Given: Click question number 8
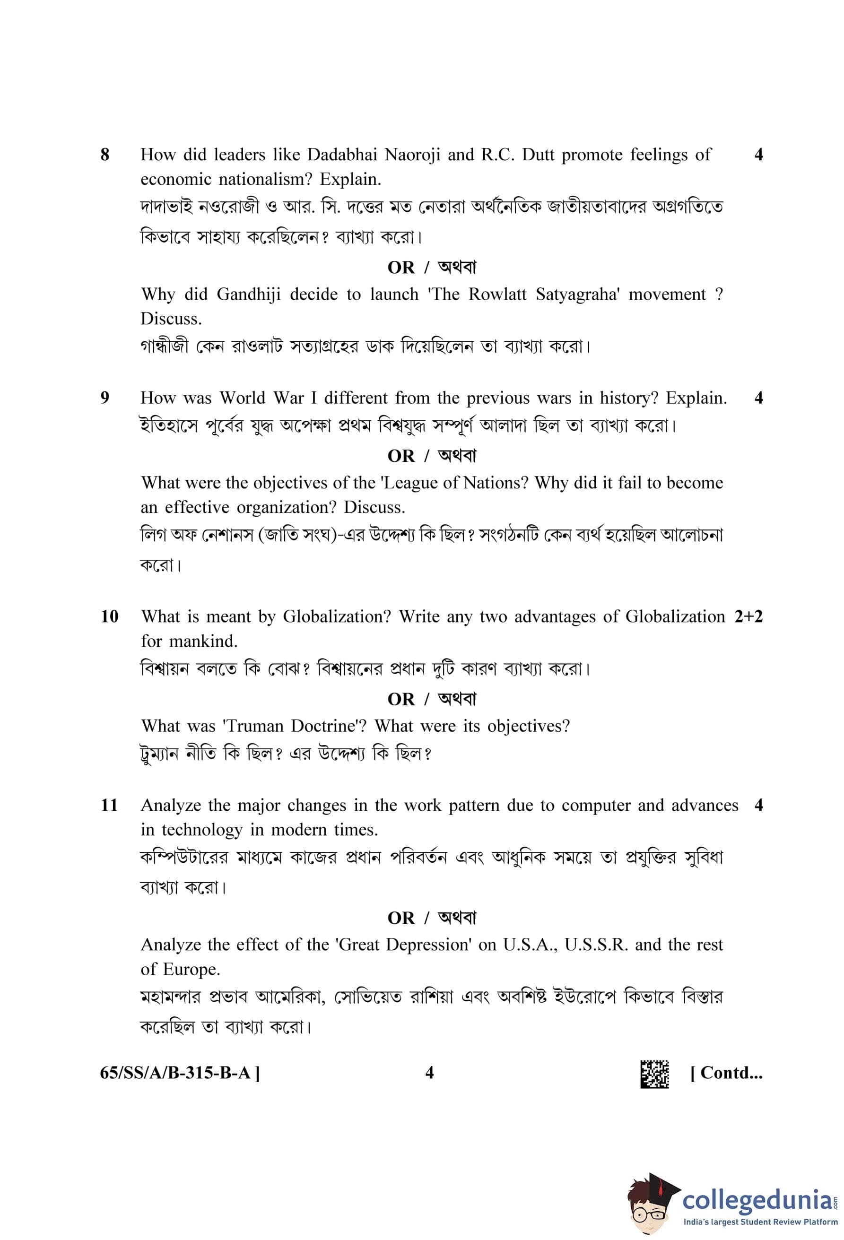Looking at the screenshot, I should [x=104, y=155].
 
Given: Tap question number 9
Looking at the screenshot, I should [x=104, y=398].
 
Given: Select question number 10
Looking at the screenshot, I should [x=109, y=616].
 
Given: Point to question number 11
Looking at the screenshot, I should [x=109, y=805].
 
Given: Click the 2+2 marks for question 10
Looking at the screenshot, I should [x=748, y=616].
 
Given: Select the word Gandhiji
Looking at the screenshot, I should [x=248, y=295].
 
